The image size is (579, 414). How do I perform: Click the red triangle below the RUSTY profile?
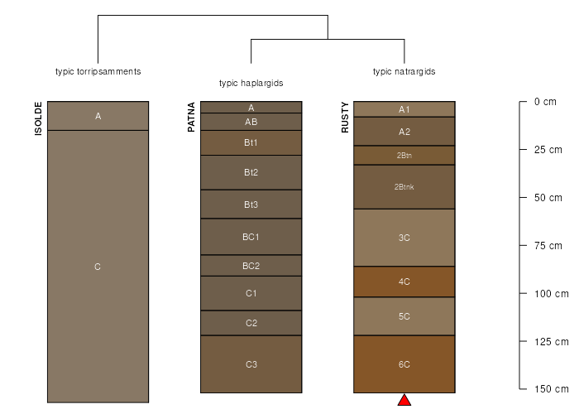click(404, 400)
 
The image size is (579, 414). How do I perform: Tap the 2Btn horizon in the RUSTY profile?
click(404, 156)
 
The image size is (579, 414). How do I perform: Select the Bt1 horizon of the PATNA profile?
click(251, 142)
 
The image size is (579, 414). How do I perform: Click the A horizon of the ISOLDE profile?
click(98, 116)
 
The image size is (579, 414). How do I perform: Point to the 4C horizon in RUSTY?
click(404, 282)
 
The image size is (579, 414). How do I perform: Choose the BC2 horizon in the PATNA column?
click(251, 266)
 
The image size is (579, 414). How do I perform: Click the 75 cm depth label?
click(548, 246)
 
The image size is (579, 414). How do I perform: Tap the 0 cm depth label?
click(545, 102)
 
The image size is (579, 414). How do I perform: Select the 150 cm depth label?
click(552, 389)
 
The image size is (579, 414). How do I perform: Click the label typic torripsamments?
click(98, 72)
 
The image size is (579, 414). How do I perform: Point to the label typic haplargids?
click(251, 83)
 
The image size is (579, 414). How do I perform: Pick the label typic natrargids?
click(404, 72)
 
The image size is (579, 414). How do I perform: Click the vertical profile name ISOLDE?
click(38, 118)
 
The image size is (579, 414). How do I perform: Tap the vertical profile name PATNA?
click(191, 118)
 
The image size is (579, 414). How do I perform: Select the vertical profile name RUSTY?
click(345, 118)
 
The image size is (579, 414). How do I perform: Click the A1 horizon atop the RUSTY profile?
click(404, 109)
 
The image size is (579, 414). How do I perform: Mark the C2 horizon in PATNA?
click(251, 323)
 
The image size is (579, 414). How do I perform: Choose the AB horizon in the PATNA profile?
click(251, 122)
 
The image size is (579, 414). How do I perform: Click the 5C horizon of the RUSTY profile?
click(404, 316)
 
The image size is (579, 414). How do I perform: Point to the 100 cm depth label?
click(552, 294)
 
